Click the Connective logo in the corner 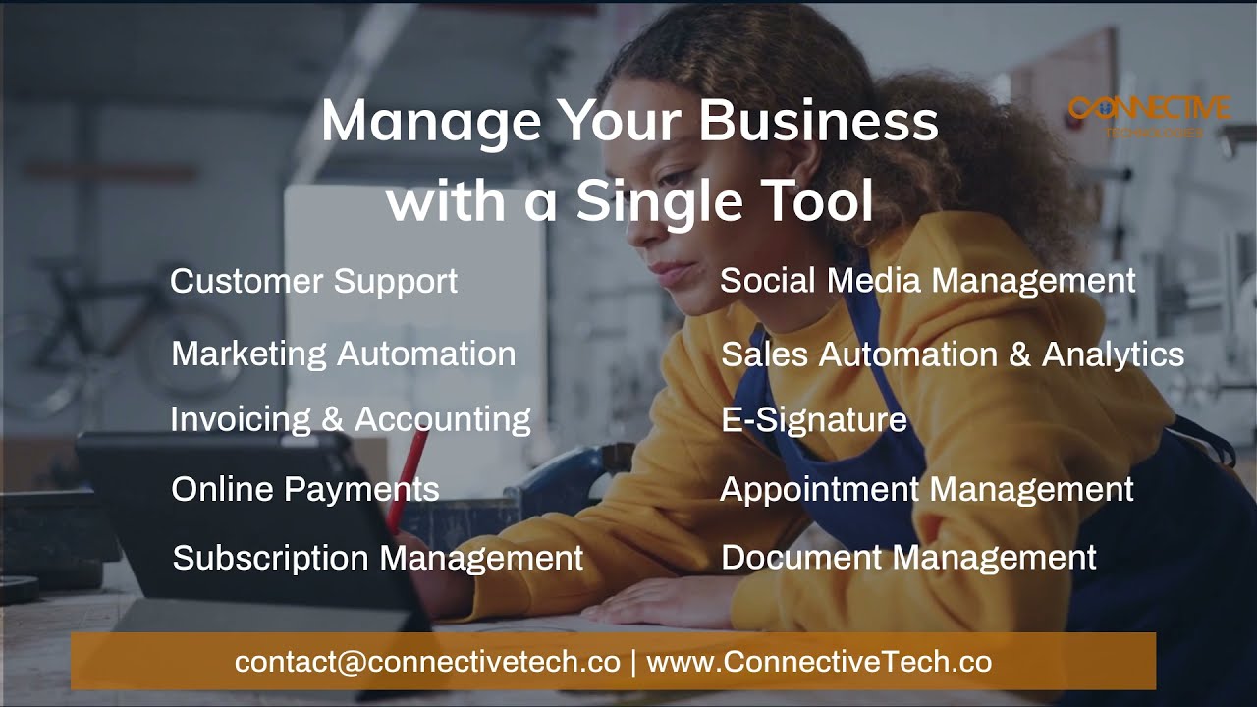point(1148,111)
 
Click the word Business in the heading point(818,122)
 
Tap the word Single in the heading point(659,200)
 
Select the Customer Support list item point(313,281)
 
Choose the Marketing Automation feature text point(343,353)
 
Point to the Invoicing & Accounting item point(350,419)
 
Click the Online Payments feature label point(304,489)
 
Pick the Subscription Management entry point(378,558)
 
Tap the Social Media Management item point(927,281)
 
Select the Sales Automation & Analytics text point(952,354)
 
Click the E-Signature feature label point(813,420)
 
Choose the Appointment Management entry point(926,489)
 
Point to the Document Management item point(908,558)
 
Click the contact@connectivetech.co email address point(427,662)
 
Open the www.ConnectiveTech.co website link point(819,662)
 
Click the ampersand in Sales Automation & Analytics point(1018,354)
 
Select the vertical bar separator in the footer point(633,662)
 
